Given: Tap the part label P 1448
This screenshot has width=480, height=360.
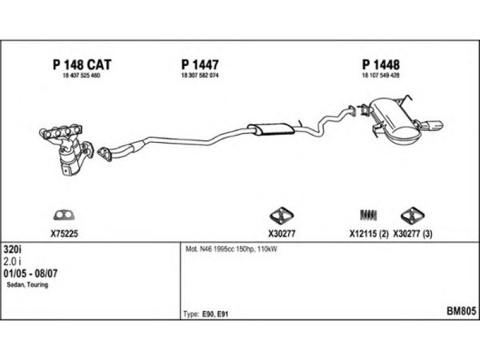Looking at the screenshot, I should point(380,65).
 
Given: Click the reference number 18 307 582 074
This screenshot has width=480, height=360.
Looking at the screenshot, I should point(200,75).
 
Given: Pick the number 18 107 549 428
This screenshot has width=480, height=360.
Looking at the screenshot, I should point(380,75).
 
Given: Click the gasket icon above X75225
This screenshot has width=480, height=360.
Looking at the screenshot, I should point(62,215).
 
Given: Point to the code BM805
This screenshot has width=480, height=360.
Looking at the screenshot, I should point(461,311).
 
